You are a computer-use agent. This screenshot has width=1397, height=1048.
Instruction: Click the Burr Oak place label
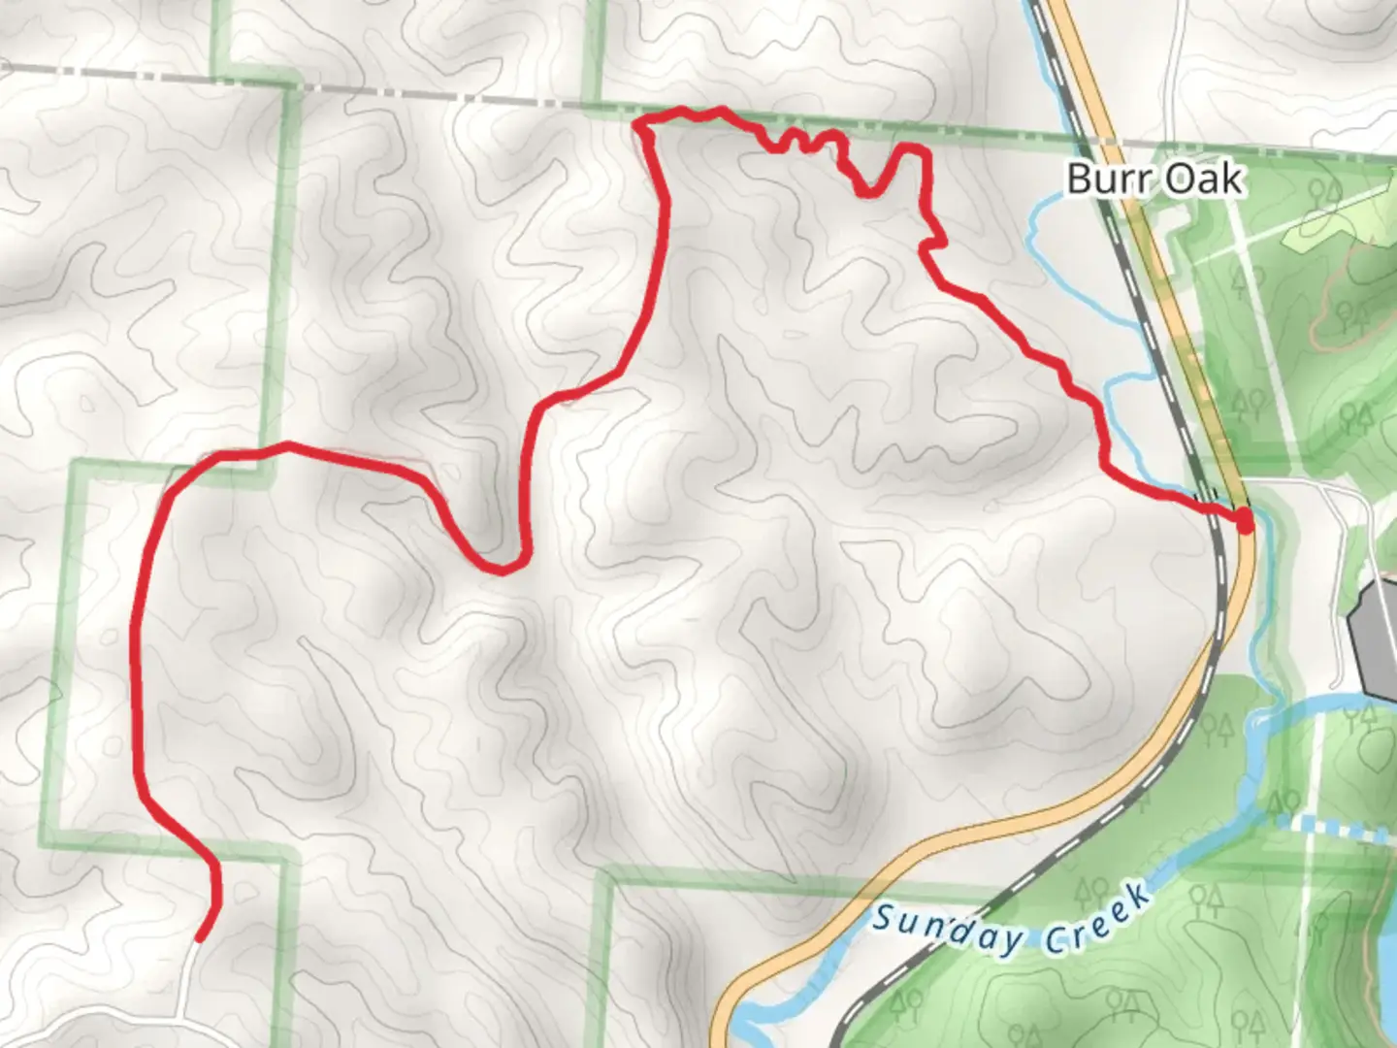point(1153,179)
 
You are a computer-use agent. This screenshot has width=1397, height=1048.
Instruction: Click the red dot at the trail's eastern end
point(1244,522)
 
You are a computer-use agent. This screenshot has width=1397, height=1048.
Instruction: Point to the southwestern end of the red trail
point(200,937)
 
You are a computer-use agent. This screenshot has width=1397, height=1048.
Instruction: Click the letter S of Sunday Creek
point(882,916)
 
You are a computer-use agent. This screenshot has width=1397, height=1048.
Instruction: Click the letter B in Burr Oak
point(1080,179)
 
